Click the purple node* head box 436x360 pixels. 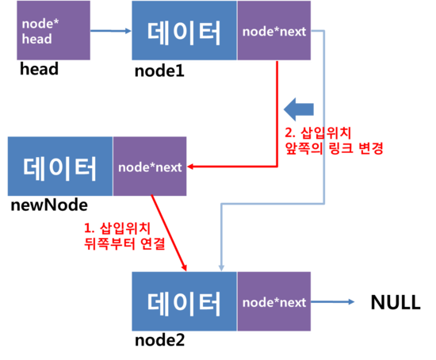pyautogui.click(x=53, y=30)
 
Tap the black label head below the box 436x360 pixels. pyautogui.click(x=39, y=69)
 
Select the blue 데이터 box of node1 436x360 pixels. pyautogui.click(x=185, y=30)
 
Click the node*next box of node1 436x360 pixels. pyautogui.click(x=274, y=30)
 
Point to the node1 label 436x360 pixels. pyautogui.click(x=159, y=71)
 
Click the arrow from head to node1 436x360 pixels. pyautogui.click(x=111, y=31)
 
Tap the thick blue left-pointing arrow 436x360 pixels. pyautogui.click(x=299, y=109)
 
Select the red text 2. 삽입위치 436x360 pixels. pyautogui.click(x=318, y=132)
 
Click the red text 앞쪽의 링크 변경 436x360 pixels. pyautogui.click(x=335, y=148)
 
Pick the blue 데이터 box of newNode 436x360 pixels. pyautogui.click(x=60, y=167)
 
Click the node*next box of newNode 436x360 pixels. pyautogui.click(x=150, y=167)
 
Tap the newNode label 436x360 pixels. pyautogui.click(x=49, y=205)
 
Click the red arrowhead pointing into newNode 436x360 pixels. pyautogui.click(x=190, y=167)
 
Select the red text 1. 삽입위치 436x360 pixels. pyautogui.click(x=117, y=228)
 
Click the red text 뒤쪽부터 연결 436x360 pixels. pyautogui.click(x=124, y=243)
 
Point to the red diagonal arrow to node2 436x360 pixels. pyautogui.click(x=169, y=233)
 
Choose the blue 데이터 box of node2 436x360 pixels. pyautogui.click(x=185, y=301)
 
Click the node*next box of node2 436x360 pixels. pyautogui.click(x=274, y=301)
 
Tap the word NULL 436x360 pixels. pyautogui.click(x=396, y=302)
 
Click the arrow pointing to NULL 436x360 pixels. pyautogui.click(x=333, y=301)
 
